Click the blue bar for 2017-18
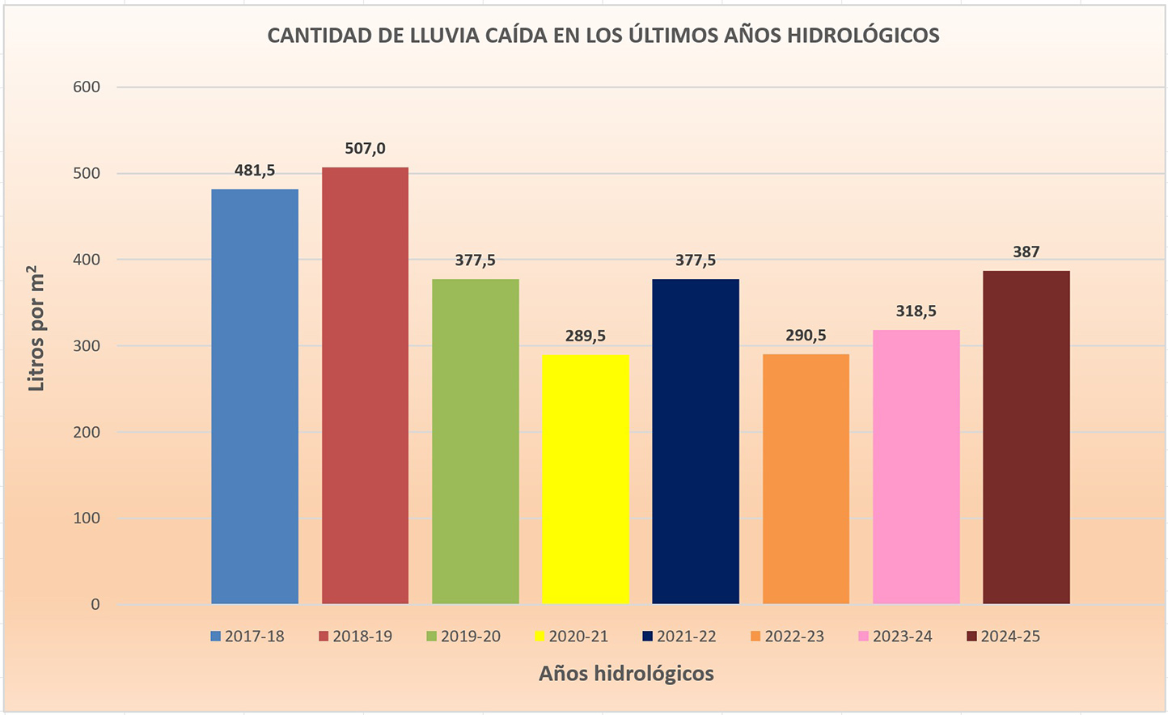[x=255, y=396]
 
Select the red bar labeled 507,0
[x=365, y=385]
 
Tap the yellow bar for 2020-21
[x=585, y=479]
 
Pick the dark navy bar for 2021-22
[x=696, y=441]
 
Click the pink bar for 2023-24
[x=916, y=467]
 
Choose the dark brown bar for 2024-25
[x=1026, y=437]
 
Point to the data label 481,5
[x=255, y=171]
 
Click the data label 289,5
[x=585, y=336]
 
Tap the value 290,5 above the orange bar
[x=806, y=336]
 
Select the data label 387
[x=1026, y=252]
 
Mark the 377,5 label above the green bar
[x=475, y=260]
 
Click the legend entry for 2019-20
[x=463, y=637]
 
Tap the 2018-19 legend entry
[x=355, y=637]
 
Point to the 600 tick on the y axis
[x=87, y=87]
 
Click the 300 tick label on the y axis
[x=87, y=346]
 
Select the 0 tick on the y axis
[x=95, y=604]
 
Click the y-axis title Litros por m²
[x=36, y=328]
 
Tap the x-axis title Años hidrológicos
[x=626, y=674]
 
